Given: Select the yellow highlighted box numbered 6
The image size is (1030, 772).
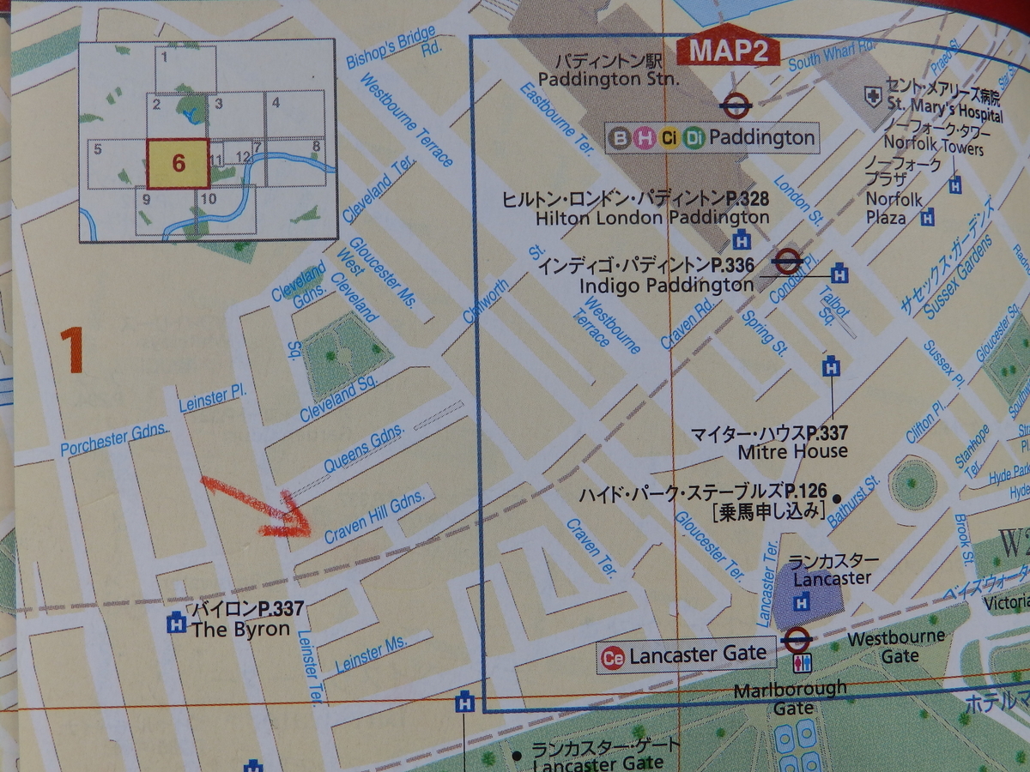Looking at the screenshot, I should click(178, 163).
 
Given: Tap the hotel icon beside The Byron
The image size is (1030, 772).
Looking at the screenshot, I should click(177, 622).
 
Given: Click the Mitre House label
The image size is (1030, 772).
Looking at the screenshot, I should click(791, 450).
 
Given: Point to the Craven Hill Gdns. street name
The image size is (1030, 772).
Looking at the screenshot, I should click(374, 518).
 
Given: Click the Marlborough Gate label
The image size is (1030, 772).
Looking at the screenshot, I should click(791, 697).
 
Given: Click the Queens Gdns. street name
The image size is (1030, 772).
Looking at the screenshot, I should click(364, 452).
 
